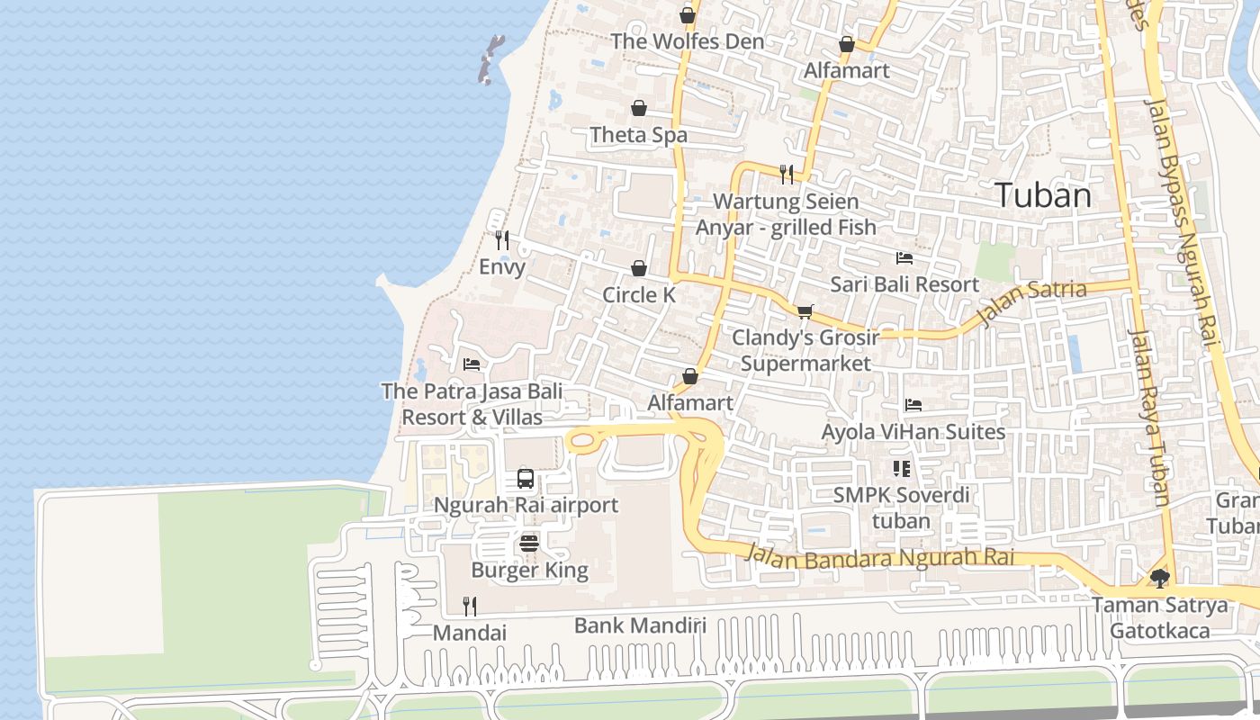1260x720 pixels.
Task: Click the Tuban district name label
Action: (x=1043, y=195)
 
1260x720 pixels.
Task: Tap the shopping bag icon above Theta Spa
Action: (x=639, y=108)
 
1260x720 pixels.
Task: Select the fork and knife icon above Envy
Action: (x=502, y=239)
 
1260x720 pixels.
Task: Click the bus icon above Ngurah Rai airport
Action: (x=526, y=479)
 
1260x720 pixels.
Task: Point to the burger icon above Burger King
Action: (x=529, y=544)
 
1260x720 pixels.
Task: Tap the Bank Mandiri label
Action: (x=640, y=625)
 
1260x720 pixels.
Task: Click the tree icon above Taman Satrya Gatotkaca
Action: (x=1159, y=578)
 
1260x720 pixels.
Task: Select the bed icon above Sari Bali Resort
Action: (x=904, y=258)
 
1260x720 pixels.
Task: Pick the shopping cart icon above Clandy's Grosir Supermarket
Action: (x=805, y=311)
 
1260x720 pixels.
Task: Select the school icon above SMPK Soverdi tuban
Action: (x=901, y=469)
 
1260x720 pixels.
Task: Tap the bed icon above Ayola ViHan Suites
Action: (x=913, y=405)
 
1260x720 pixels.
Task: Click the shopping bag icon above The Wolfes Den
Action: (x=688, y=15)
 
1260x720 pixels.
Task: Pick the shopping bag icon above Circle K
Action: (x=639, y=268)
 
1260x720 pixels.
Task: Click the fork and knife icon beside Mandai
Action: (x=469, y=606)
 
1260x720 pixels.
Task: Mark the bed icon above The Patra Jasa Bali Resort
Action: (x=472, y=364)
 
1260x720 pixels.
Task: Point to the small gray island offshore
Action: (x=490, y=59)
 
